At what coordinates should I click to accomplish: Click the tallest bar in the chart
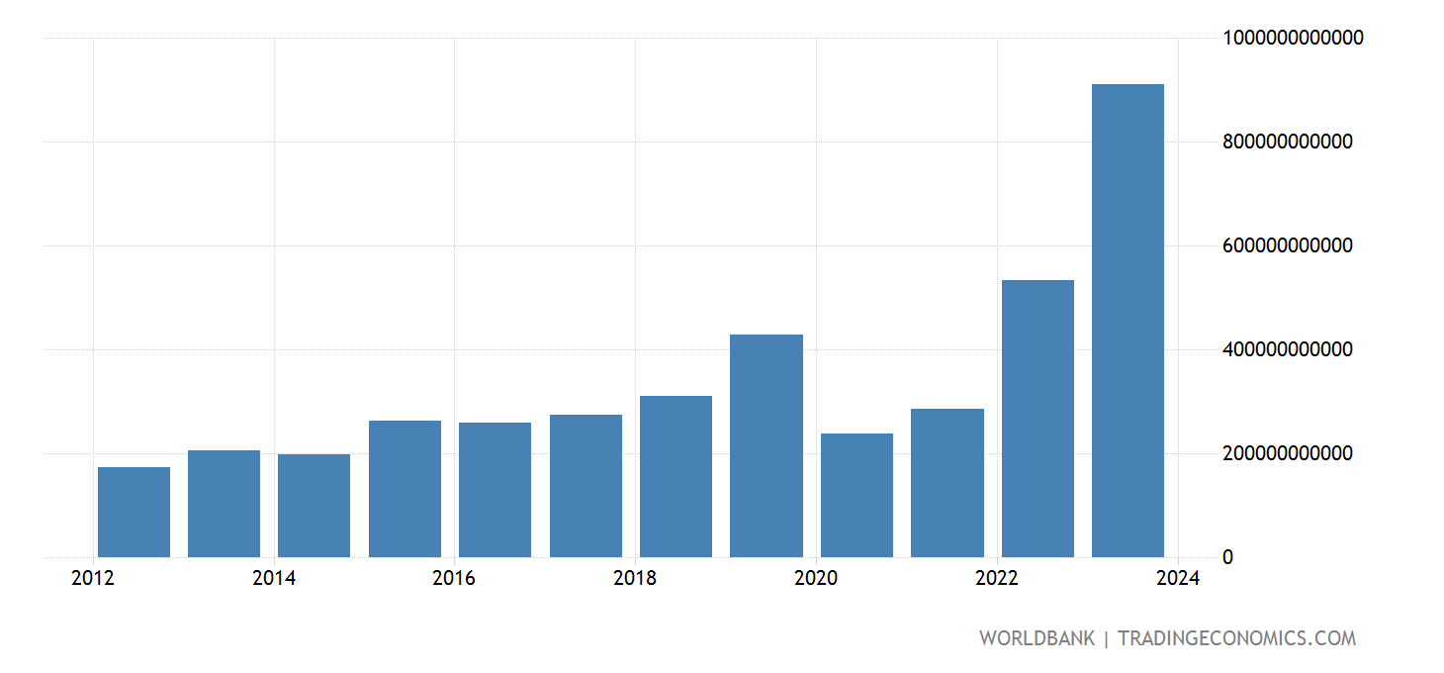pos(1128,321)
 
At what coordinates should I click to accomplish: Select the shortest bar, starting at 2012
pos(134,512)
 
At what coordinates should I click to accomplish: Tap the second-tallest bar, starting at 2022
pos(1038,419)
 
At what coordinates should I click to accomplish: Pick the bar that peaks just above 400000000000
pos(767,445)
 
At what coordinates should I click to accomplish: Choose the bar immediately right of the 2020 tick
pos(857,495)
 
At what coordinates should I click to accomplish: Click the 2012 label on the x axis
pos(93,579)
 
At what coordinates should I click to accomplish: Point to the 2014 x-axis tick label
pos(274,579)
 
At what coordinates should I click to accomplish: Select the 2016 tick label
pos(454,579)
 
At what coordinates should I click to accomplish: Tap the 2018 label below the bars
pos(635,579)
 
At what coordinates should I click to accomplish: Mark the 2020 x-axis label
pos(816,579)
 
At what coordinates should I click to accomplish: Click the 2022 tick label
pos(997,579)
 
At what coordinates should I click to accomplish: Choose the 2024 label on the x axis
pos(1177,579)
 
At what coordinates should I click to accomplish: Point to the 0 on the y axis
pos(1227,558)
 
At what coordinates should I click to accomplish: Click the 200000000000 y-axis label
pos(1288,454)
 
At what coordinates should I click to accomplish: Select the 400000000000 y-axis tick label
pos(1288,350)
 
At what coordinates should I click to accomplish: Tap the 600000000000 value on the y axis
pos(1288,246)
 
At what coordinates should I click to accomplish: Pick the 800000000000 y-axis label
pos(1288,143)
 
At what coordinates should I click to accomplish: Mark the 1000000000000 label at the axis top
pos(1294,39)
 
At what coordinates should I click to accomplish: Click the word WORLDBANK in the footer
pos(1037,638)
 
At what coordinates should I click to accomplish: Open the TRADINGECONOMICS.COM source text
pos(1236,638)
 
